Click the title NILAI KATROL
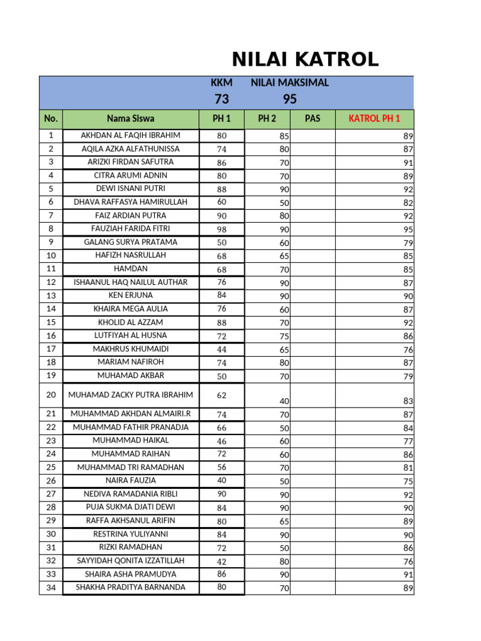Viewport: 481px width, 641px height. click(305, 59)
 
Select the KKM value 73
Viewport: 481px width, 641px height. click(222, 99)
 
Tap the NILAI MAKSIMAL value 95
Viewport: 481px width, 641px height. click(289, 99)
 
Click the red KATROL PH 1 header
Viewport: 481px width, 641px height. click(374, 118)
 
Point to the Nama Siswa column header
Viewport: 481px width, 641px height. click(130, 118)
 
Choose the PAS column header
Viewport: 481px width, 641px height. click(312, 118)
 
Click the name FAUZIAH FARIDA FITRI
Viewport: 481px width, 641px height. click(130, 228)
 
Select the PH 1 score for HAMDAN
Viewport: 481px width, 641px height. click(222, 270)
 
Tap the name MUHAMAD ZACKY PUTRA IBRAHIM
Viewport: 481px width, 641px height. click(130, 395)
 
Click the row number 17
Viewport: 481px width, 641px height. click(51, 349)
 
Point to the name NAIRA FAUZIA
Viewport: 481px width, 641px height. click(130, 480)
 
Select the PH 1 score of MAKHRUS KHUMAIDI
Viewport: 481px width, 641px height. click(222, 349)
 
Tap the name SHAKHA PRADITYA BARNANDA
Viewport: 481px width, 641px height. click(130, 587)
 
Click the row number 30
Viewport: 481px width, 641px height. click(51, 534)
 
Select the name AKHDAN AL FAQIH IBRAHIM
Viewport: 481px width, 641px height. click(130, 135)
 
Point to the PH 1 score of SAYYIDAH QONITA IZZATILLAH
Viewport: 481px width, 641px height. click(222, 562)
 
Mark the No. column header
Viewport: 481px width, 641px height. click(51, 118)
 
